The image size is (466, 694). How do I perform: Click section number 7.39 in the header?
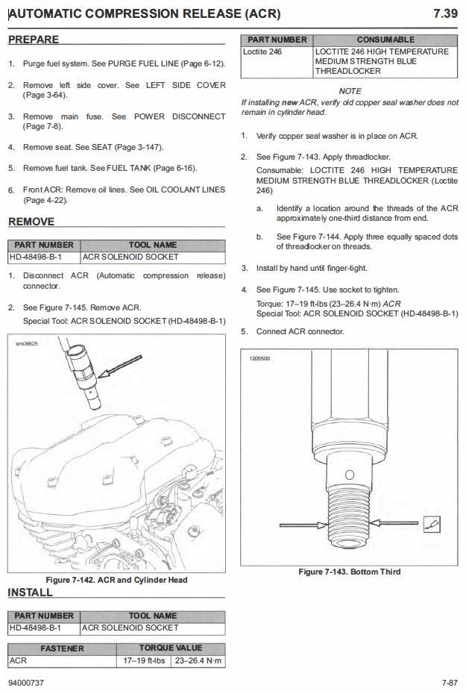tap(445, 13)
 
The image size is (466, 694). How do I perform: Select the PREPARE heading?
tap(34, 39)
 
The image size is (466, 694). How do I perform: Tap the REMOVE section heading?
tap(31, 222)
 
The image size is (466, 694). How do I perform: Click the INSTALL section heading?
tap(31, 593)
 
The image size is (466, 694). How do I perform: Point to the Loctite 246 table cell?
tap(262, 51)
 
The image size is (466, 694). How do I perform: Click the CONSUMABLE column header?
tap(385, 39)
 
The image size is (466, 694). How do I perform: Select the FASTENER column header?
tap(62, 648)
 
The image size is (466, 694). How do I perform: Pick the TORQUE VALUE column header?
tap(171, 648)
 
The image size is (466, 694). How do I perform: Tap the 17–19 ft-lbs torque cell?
tap(144, 661)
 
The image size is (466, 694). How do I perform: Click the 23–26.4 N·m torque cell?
tap(198, 661)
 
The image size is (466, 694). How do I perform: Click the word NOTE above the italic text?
tap(350, 91)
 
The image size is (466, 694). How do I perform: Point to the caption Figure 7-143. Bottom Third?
tap(350, 572)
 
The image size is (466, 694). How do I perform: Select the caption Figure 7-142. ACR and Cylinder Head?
tap(116, 580)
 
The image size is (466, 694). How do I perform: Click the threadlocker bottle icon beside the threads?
tap(431, 524)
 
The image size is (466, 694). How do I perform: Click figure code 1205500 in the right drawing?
tap(260, 359)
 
